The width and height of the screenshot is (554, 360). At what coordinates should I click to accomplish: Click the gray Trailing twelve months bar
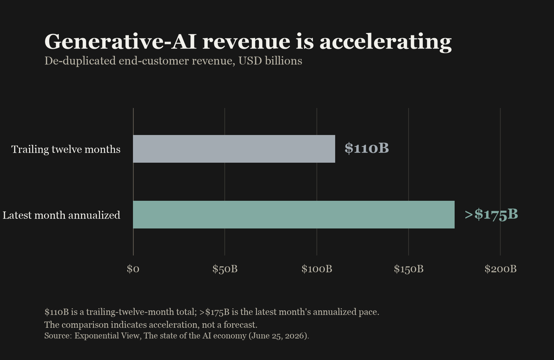(234, 149)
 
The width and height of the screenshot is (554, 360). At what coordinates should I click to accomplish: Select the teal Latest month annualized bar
(294, 215)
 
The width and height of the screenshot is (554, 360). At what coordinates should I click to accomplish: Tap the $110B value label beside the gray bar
(367, 148)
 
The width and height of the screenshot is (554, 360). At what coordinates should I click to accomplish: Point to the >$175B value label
(491, 214)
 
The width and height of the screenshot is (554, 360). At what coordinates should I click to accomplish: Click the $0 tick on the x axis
(133, 269)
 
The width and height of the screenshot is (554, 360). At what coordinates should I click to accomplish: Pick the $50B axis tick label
(225, 269)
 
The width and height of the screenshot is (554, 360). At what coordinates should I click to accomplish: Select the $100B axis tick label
(317, 269)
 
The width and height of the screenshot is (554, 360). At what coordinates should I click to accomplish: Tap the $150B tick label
(409, 269)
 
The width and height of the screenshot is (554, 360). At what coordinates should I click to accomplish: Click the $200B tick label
(501, 269)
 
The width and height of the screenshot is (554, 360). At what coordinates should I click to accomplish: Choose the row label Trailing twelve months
(66, 149)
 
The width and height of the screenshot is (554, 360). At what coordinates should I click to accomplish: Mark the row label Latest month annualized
(61, 215)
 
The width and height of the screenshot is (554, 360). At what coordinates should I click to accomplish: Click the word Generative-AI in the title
(120, 42)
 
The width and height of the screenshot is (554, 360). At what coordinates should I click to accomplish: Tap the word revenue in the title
(246, 43)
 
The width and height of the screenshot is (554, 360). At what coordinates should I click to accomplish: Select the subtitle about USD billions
(173, 61)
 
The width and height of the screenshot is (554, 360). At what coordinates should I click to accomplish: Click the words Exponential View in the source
(107, 336)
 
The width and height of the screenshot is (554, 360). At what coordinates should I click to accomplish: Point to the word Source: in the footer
(58, 336)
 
